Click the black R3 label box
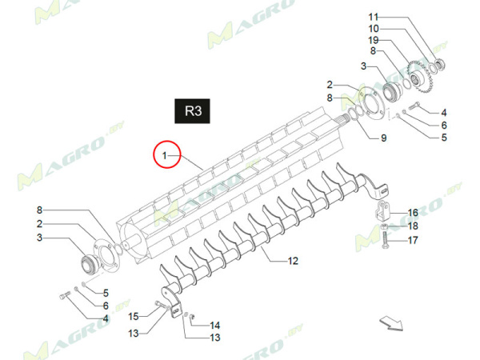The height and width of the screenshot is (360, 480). [x=192, y=111]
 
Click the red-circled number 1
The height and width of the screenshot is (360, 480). [x=164, y=156]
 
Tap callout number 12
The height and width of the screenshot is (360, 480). [x=293, y=261]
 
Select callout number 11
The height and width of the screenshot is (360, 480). [x=373, y=17]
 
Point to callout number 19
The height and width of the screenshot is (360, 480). [x=374, y=40]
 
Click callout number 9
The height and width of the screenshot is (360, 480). [x=383, y=138]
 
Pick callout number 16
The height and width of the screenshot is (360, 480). [x=413, y=213]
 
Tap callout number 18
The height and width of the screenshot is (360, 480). [x=413, y=226]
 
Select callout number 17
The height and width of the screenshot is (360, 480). [x=413, y=240]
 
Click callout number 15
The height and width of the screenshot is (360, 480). [x=134, y=316]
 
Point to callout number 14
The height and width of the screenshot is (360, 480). [x=215, y=325]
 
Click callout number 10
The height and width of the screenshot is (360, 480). [x=374, y=29]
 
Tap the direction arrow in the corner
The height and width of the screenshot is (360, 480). [x=391, y=324]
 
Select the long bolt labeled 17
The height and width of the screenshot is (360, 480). [x=385, y=241]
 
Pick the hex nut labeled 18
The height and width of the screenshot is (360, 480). [x=385, y=227]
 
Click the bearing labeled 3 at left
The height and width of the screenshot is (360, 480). [x=90, y=263]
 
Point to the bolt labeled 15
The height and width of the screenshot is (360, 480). [x=162, y=304]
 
